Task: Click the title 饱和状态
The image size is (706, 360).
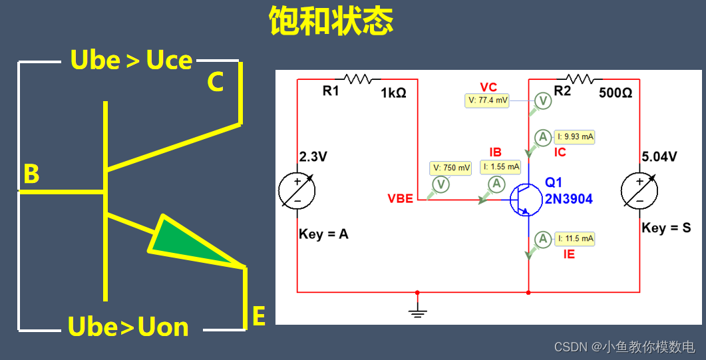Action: pos(331,21)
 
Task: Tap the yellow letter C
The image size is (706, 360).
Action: pos(214,83)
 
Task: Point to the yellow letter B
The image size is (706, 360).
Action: pos(31,174)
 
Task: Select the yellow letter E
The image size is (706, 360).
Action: pos(259,317)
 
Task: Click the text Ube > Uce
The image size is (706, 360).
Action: pos(131,61)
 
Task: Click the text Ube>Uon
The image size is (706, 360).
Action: pos(128,327)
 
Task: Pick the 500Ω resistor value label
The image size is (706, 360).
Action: pos(616,93)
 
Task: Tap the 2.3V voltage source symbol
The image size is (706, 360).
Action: pos(297,191)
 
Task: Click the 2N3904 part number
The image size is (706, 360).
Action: pos(569,199)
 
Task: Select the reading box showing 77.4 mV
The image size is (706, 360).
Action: pos(487,100)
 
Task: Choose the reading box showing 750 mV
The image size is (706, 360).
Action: pos(451,168)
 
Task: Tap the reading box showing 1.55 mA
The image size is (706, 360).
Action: pos(500,168)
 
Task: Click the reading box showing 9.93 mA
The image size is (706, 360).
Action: pos(574,137)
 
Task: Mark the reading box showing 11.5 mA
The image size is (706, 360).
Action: pos(575,238)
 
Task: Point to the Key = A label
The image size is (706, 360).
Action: pos(323,234)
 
